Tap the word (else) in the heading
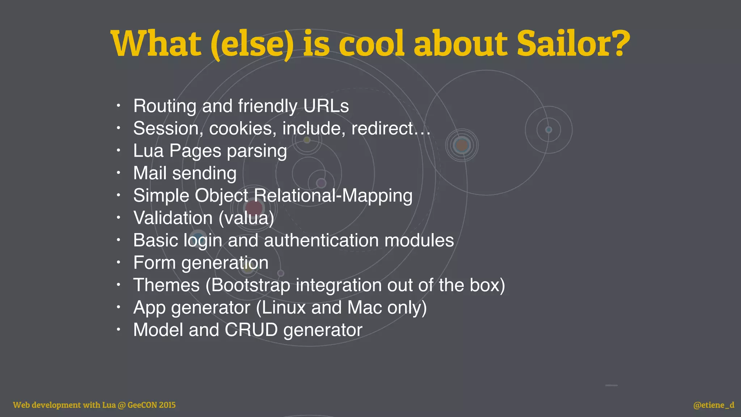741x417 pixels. (x=252, y=44)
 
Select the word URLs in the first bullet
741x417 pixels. (x=326, y=106)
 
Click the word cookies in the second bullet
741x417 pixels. (x=241, y=129)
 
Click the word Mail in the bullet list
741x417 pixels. (x=150, y=173)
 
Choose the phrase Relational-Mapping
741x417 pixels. (x=333, y=196)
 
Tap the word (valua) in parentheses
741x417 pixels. (x=246, y=218)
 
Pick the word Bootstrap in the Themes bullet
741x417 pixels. (x=251, y=285)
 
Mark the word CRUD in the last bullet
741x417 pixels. (x=251, y=330)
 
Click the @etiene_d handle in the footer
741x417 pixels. (x=714, y=405)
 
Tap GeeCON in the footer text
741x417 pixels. (x=142, y=405)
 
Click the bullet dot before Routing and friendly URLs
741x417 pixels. (x=118, y=106)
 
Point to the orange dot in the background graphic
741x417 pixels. (x=462, y=146)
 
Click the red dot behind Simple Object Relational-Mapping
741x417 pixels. (x=254, y=208)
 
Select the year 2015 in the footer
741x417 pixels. (x=167, y=405)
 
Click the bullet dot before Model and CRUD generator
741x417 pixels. (x=118, y=330)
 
